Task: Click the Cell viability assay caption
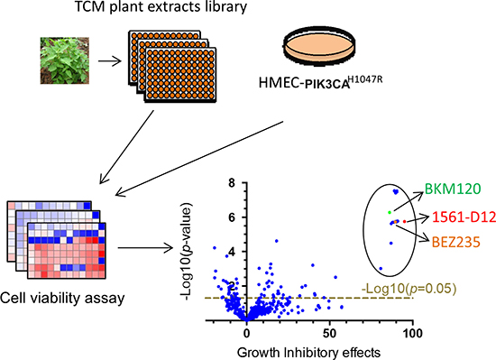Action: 60,296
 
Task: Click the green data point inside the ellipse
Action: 390,211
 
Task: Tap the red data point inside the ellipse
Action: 404,221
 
